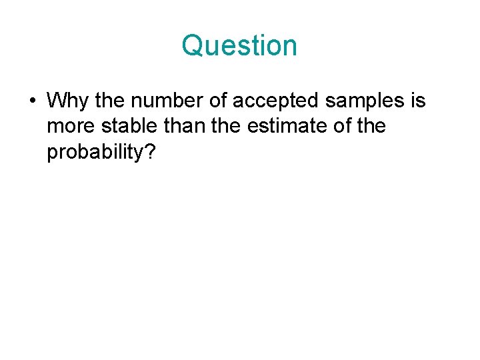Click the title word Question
pyautogui.click(x=239, y=46)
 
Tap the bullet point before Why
pyautogui.click(x=32, y=101)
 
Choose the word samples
pyautogui.click(x=365, y=101)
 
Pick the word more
pyautogui.click(x=71, y=127)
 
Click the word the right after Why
pyautogui.click(x=109, y=101)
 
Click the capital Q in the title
pyautogui.click(x=193, y=46)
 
